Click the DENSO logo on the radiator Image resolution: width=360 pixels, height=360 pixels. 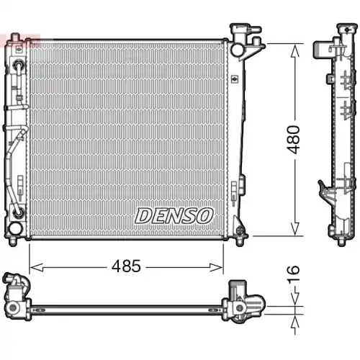pyautogui.click(x=174, y=215)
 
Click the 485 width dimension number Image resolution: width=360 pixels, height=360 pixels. pyautogui.click(x=127, y=267)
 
